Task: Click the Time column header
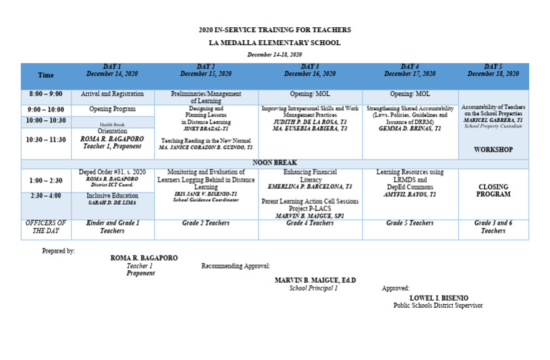pos(46,75)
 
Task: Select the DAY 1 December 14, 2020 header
pos(112,70)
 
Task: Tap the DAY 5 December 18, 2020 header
pos(493,70)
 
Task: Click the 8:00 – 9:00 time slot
pos(46,94)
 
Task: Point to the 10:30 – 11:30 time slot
pos(46,139)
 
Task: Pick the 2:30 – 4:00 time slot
pos(46,195)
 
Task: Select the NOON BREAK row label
pos(275,163)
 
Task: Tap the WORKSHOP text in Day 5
pos(493,150)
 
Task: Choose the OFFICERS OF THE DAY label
pos(46,228)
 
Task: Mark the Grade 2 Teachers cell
pos(206,223)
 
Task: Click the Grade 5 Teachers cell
pos(410,223)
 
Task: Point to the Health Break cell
pos(112,125)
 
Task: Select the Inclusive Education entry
pos(112,195)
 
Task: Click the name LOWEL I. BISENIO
pos(438,298)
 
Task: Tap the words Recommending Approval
pos(236,266)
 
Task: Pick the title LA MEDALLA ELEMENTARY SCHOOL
pos(275,43)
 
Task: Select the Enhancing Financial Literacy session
pos(310,176)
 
